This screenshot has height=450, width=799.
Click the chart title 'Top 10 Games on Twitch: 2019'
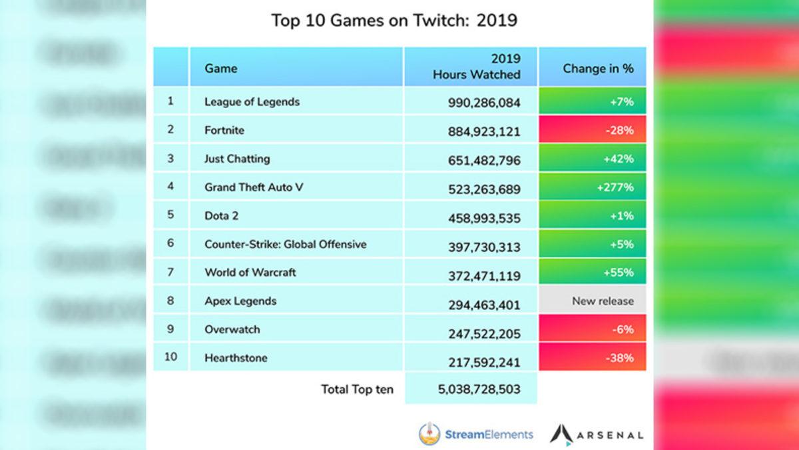[x=394, y=21]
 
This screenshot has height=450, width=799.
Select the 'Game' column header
[x=221, y=68]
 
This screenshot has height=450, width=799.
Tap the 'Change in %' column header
[x=598, y=68]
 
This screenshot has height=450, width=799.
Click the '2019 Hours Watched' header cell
[x=476, y=67]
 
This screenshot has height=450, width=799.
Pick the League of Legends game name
[x=252, y=102]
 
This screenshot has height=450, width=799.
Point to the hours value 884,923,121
[x=483, y=131]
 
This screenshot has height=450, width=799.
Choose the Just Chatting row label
[x=237, y=159]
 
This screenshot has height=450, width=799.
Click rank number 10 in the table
[x=171, y=357]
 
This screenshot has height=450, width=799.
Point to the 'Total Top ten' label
[x=357, y=389]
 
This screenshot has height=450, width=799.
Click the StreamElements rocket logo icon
[x=429, y=435]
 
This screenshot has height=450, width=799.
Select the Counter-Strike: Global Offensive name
[x=285, y=244]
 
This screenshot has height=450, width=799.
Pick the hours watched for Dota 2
[x=483, y=217]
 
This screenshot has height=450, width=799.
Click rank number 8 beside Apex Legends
[x=170, y=300]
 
